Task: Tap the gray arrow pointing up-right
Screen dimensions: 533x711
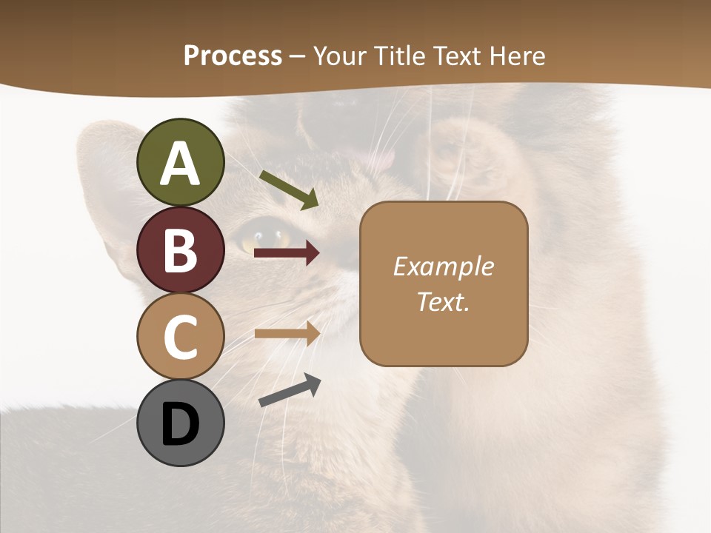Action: (x=290, y=390)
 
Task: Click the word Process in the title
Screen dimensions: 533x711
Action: (x=233, y=56)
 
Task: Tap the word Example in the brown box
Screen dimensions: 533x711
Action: (x=444, y=266)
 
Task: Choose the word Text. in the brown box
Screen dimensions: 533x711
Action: (x=444, y=301)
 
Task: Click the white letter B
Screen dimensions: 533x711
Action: (x=181, y=249)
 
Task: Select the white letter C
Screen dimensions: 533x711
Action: (x=181, y=337)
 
